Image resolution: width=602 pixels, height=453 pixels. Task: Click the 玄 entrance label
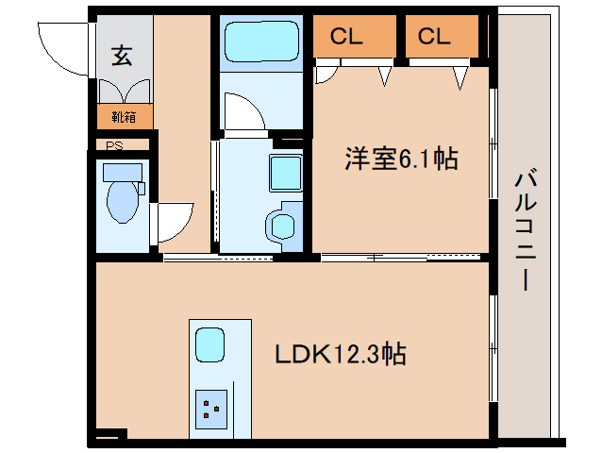point(123,56)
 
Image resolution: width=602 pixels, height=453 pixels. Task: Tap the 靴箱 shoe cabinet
point(124,117)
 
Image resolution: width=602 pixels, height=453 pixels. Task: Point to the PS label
point(114,145)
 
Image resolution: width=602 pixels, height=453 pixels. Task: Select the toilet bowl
point(123,201)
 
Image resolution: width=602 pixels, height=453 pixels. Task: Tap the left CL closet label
point(347,37)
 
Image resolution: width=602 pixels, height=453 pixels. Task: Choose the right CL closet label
point(434,37)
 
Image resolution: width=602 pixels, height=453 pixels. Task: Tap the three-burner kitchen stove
point(211,409)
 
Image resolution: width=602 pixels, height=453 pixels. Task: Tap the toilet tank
point(123,171)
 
